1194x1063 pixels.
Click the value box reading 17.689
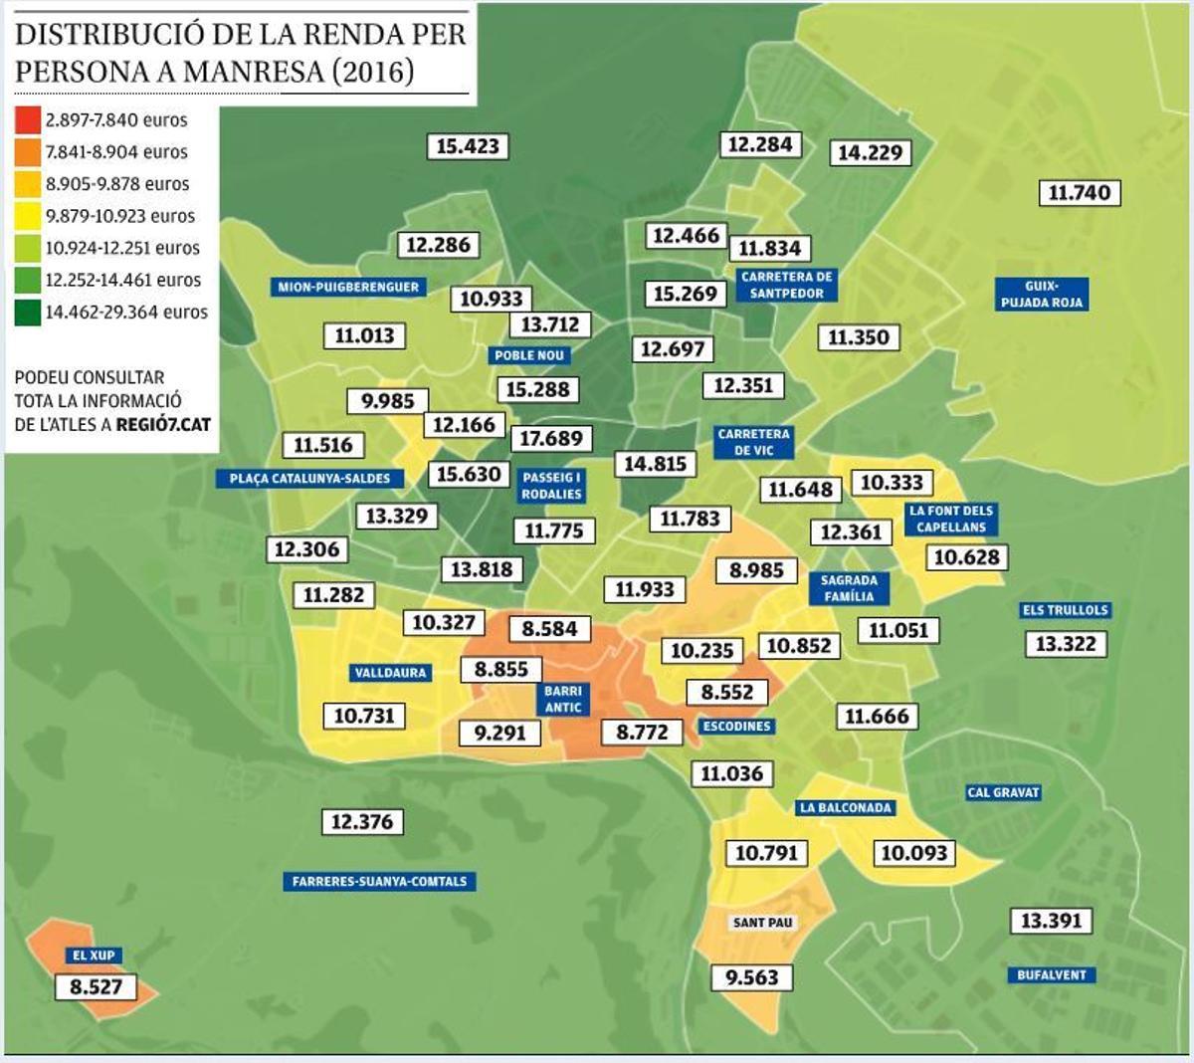tap(551, 438)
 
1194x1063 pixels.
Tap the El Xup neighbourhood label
tap(94, 956)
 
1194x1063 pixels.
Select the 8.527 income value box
tap(96, 986)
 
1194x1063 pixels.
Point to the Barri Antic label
tap(563, 699)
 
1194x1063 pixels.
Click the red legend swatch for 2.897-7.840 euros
tap(28, 120)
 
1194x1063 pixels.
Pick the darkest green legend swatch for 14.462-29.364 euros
tap(28, 313)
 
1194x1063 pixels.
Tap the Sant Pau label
tap(763, 923)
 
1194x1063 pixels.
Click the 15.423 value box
tap(468, 146)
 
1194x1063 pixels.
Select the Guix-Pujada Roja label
tap(1041, 294)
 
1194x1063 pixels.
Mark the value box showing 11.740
tap(1079, 192)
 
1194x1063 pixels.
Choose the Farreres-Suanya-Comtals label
tap(379, 881)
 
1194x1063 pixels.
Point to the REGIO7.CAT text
tap(163, 425)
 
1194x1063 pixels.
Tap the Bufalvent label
tap(1051, 974)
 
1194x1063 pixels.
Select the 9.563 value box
tap(751, 977)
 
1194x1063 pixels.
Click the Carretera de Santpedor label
tap(786, 285)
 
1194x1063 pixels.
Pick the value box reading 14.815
tap(654, 464)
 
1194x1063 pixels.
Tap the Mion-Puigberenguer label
tap(348, 287)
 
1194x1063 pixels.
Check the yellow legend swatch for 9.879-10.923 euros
tap(28, 216)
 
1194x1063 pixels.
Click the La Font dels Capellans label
tap(950, 519)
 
